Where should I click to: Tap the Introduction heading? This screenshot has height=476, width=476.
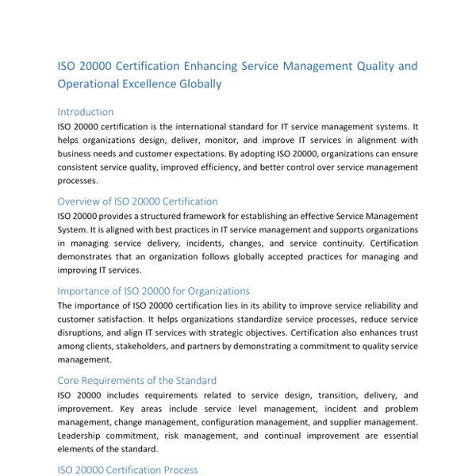click(x=86, y=112)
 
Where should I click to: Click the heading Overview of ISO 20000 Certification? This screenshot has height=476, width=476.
click(x=138, y=202)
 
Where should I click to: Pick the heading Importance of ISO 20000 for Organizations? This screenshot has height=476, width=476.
click(x=154, y=291)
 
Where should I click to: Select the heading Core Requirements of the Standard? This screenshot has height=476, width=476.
click(x=137, y=381)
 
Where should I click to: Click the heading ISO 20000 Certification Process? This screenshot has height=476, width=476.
click(x=128, y=470)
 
